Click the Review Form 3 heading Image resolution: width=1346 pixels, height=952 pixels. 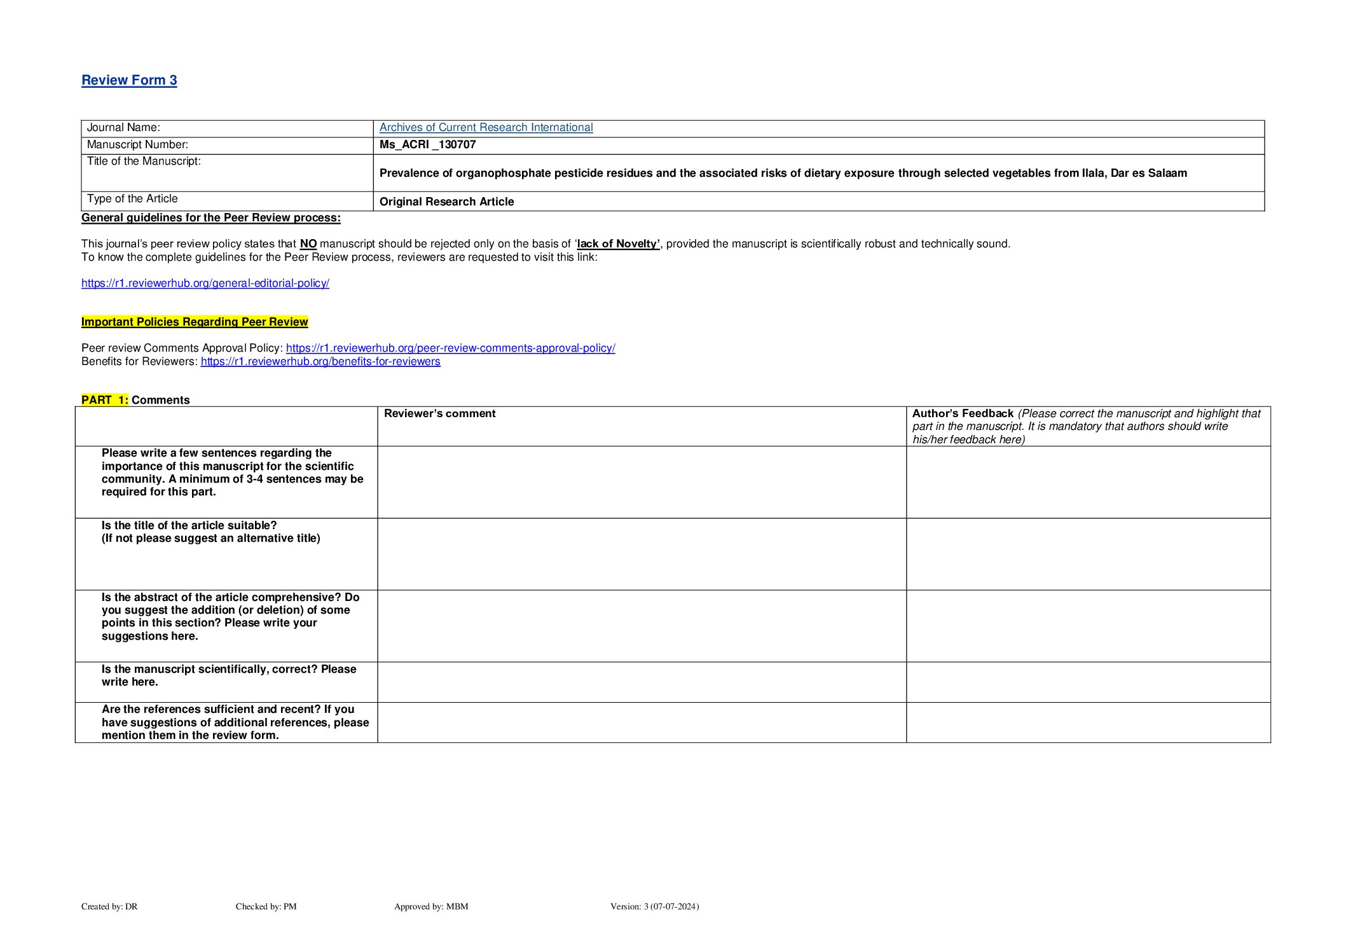129,80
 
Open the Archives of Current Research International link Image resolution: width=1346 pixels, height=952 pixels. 486,127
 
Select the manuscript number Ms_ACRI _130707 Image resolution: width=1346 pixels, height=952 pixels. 427,144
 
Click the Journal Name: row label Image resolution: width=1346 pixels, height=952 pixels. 123,127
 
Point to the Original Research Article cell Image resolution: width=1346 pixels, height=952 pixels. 446,202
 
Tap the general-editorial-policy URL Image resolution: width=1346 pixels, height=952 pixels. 205,283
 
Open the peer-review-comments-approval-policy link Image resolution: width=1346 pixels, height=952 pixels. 450,348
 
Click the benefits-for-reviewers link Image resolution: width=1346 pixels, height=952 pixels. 320,361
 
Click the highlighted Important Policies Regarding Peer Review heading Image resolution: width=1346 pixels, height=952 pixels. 195,322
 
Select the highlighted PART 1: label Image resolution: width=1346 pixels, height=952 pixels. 105,400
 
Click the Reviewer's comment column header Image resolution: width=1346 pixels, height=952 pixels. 439,413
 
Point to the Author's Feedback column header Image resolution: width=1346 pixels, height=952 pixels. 963,413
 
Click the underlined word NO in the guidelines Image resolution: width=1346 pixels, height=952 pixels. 308,244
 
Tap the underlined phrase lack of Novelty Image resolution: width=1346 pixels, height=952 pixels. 618,244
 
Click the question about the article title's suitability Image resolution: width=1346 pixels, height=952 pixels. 210,532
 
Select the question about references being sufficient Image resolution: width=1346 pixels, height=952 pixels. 235,722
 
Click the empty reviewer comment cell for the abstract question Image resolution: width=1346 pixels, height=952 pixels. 642,626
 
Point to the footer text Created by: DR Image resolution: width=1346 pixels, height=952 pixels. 109,906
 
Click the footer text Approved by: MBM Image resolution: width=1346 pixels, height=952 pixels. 431,906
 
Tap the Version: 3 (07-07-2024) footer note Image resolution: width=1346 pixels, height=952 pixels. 654,906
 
